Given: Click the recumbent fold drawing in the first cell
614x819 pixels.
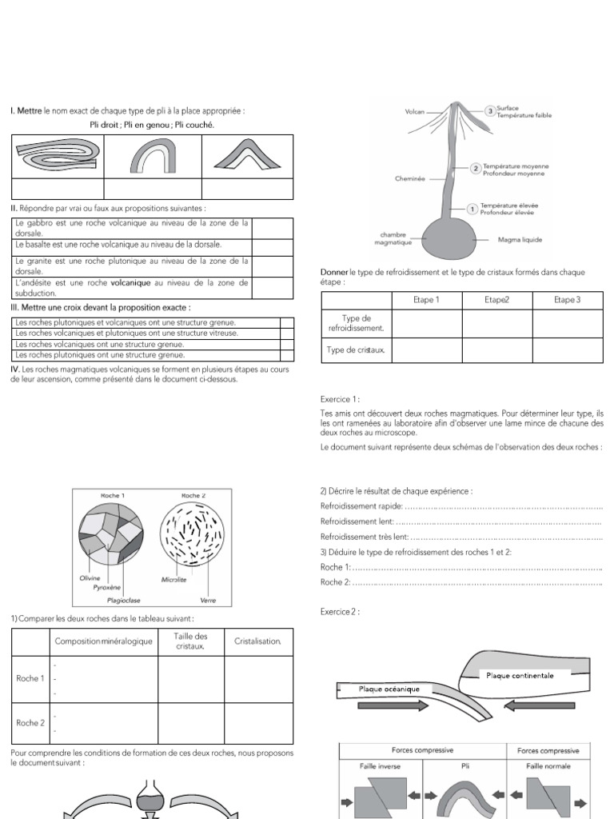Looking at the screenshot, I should (55, 156).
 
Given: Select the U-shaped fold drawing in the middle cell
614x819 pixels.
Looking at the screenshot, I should (153, 156).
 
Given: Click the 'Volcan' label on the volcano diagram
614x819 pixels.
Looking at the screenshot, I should (415, 112).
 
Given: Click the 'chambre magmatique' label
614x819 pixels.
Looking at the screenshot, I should (396, 239).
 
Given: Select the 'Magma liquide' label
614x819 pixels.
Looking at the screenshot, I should (520, 238).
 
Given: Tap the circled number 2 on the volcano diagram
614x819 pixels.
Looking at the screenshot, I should (476, 169).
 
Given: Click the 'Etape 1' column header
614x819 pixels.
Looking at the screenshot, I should (427, 300).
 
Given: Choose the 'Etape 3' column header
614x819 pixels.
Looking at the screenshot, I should (567, 300).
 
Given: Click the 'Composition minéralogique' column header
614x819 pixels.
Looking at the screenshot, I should (103, 641).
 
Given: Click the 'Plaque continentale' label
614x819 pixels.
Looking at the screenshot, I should (520, 675).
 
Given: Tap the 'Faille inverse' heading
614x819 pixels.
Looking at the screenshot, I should (381, 765).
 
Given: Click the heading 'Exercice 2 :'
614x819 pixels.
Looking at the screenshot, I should (340, 612).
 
